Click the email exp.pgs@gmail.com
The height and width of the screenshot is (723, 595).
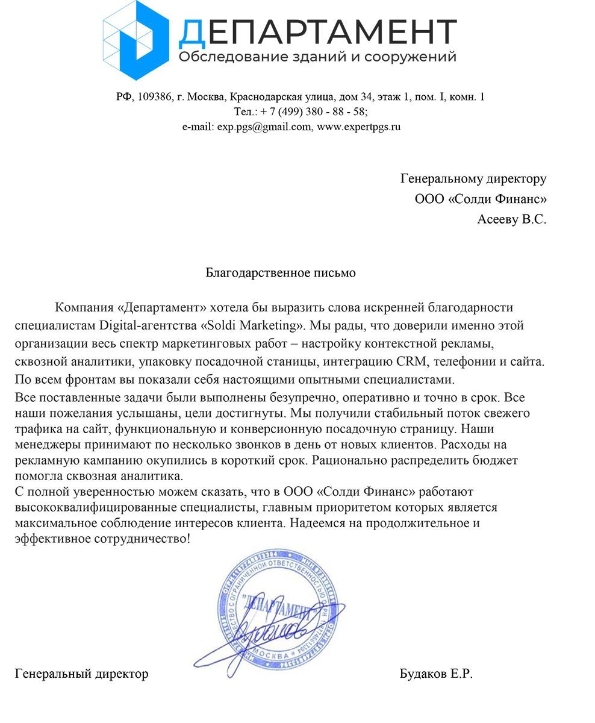point(264,127)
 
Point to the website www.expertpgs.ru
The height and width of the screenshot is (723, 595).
point(358,127)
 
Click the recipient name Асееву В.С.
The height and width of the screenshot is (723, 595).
point(512,219)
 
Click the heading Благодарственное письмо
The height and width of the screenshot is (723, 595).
point(281,273)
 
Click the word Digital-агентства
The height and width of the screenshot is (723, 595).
point(147,326)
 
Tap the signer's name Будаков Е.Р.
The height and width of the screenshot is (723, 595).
point(436,674)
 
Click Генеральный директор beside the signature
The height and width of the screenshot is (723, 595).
point(81,674)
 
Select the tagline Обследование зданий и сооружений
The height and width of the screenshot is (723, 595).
point(317,57)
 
